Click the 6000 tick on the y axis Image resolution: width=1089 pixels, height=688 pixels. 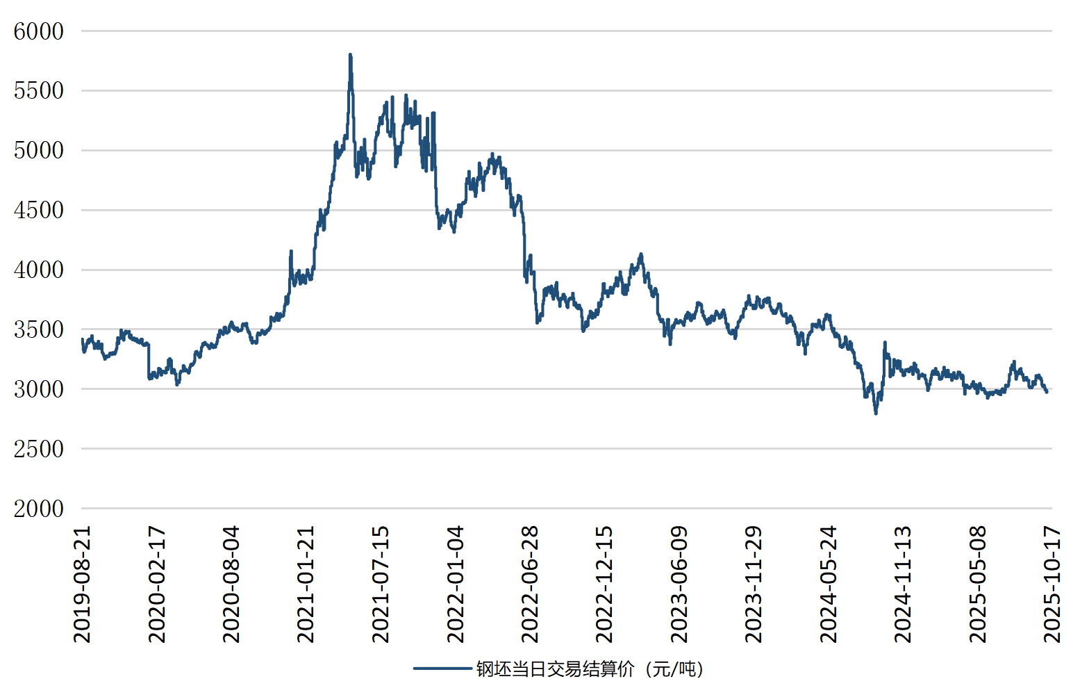coord(39,31)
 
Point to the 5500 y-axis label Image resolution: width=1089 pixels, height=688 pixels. coord(39,90)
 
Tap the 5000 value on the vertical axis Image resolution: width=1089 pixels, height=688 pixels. coord(39,150)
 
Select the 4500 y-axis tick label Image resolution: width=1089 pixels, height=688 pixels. coord(39,210)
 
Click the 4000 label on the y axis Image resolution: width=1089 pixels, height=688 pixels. coord(39,270)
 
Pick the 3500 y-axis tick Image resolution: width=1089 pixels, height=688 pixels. coord(39,329)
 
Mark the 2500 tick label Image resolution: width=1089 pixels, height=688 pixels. coord(39,449)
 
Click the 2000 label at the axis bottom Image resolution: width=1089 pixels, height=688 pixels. coord(39,509)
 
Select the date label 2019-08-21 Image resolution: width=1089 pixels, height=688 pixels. coord(82,584)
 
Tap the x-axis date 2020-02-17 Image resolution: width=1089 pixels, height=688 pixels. coord(157,584)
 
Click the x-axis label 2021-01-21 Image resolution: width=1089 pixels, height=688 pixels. coord(306,584)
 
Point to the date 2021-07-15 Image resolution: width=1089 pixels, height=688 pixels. coord(381,584)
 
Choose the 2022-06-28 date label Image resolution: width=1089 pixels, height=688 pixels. coord(530,584)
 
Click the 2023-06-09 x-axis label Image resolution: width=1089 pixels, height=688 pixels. coord(679,584)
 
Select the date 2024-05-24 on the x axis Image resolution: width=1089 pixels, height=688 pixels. coord(829,584)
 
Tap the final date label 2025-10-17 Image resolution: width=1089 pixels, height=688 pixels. coord(1052,584)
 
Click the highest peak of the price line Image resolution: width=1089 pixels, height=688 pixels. coord(350,55)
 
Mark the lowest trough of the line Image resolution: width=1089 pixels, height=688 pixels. coord(876,413)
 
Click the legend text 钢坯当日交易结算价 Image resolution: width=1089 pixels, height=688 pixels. coord(556,669)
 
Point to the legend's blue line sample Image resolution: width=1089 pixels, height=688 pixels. coord(442,669)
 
